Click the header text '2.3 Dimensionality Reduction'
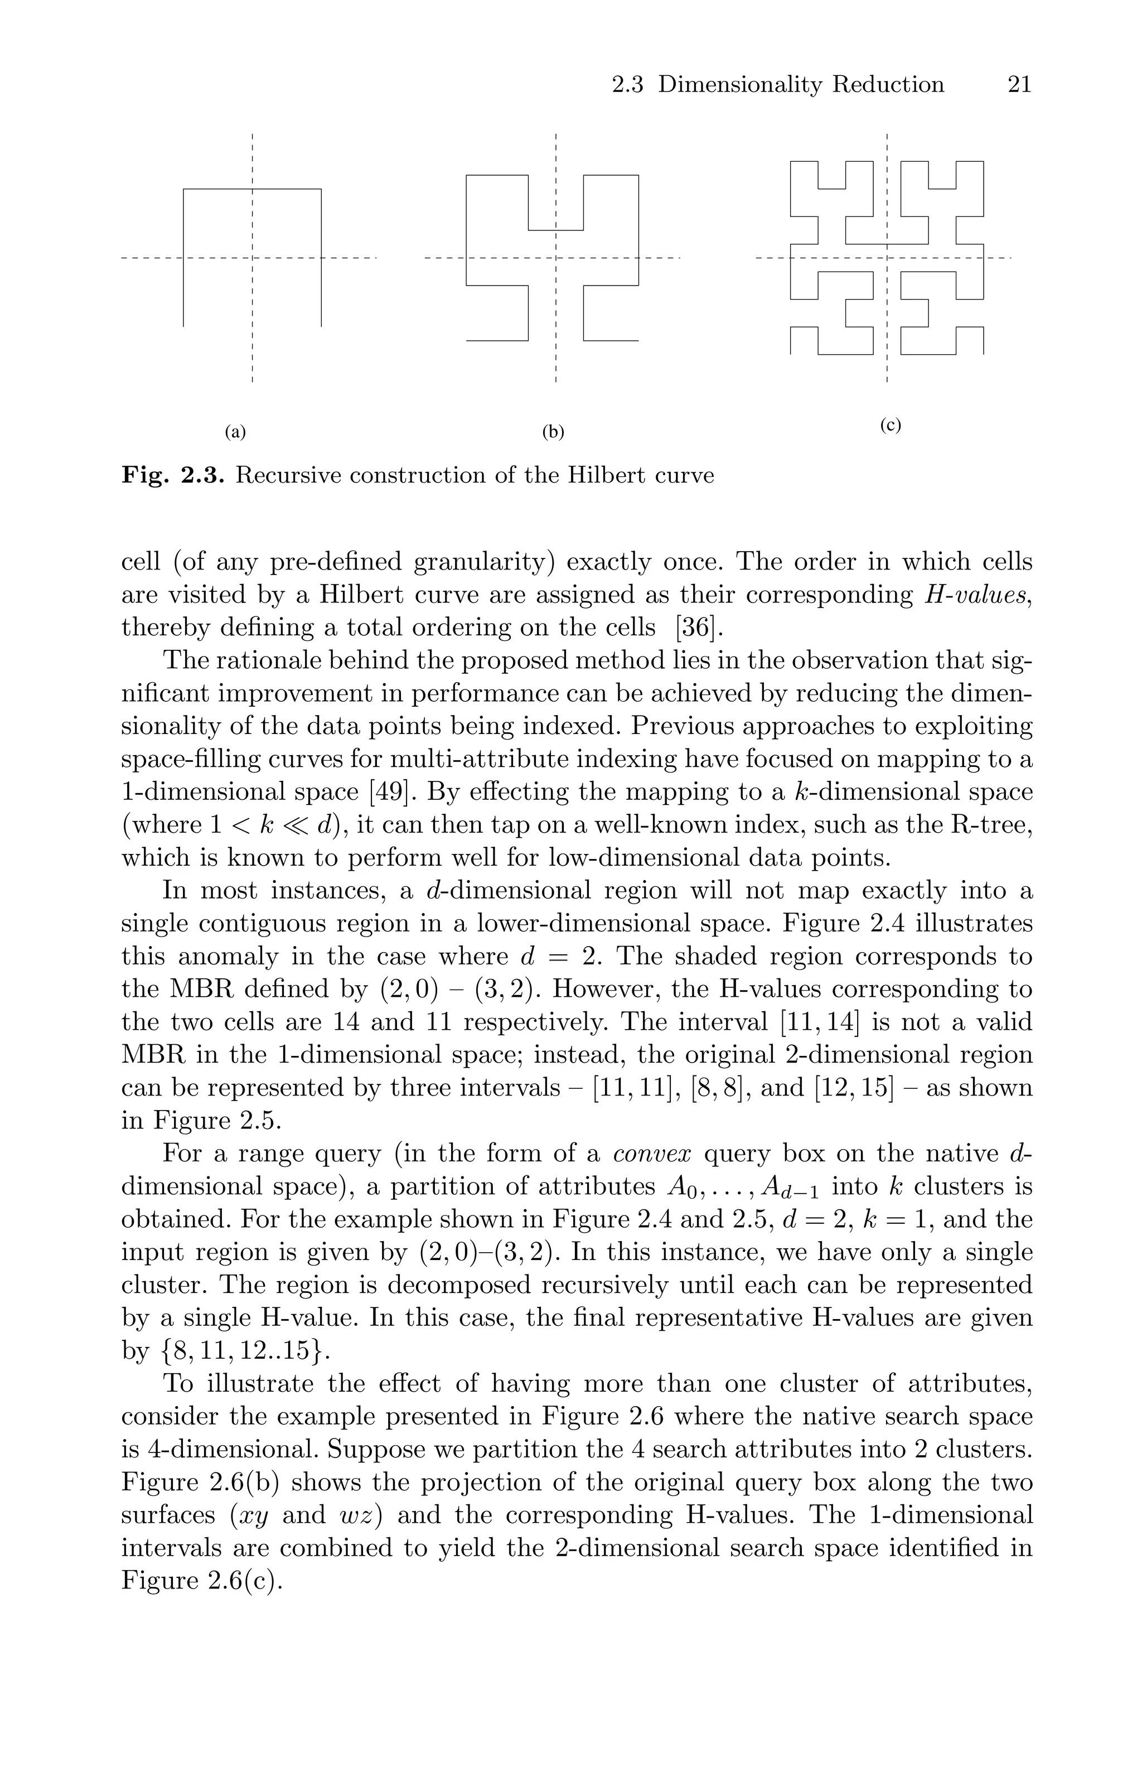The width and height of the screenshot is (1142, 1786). click(x=778, y=85)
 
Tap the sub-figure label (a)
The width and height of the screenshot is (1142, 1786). click(x=235, y=432)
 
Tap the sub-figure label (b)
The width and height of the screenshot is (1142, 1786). click(x=553, y=432)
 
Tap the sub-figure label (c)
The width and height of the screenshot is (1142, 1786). click(x=890, y=425)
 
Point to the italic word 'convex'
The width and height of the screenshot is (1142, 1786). click(x=652, y=1153)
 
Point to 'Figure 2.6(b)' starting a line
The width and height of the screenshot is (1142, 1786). click(x=193, y=1482)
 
